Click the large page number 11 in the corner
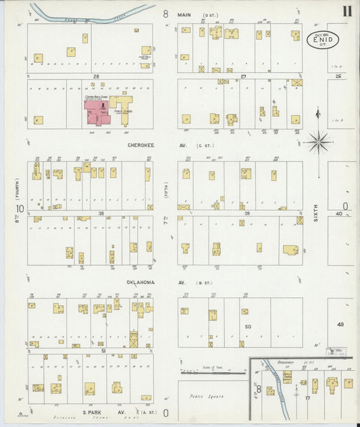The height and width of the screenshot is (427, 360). click(346, 11)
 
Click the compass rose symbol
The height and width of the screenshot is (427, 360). click(318, 141)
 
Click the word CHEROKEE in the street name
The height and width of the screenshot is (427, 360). click(141, 145)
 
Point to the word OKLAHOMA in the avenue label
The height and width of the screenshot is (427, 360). click(142, 282)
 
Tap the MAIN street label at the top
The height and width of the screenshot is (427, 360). click(184, 14)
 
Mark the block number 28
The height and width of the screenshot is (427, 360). click(97, 76)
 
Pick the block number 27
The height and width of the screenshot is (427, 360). click(242, 76)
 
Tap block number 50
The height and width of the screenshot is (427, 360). click(248, 326)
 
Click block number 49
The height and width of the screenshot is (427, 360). click(340, 325)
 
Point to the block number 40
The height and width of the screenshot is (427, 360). click(340, 214)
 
